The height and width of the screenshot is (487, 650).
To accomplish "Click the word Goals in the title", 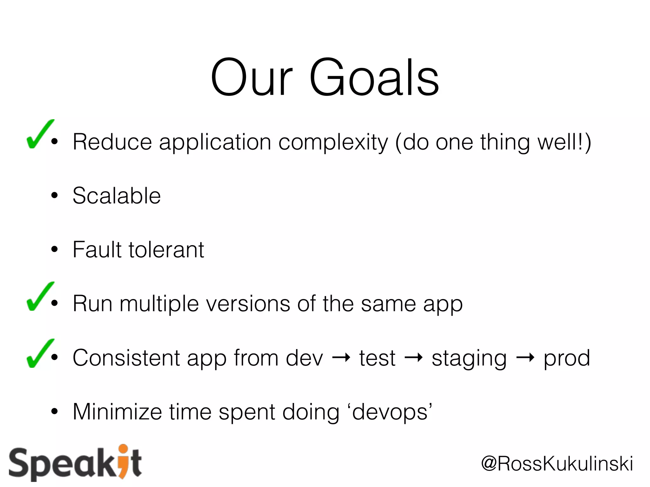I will (x=375, y=78).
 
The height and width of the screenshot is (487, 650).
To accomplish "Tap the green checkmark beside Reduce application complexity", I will (x=40, y=135).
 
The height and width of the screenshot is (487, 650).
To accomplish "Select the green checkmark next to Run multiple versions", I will (x=40, y=297).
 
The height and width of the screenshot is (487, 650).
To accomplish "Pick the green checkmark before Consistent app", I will (x=40, y=354).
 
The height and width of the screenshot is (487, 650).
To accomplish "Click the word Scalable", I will (x=116, y=196).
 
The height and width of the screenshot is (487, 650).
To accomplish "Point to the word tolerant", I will (x=166, y=250).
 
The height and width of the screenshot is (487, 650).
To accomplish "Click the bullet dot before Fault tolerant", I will (x=55, y=250).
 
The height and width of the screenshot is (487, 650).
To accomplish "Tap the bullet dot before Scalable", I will (x=55, y=196).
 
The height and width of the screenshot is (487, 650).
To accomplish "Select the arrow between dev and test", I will (x=341, y=358).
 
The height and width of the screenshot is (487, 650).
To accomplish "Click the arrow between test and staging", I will (x=414, y=358).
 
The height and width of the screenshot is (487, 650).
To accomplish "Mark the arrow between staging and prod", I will (x=525, y=358).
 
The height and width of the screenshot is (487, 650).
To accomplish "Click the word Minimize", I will (x=117, y=412).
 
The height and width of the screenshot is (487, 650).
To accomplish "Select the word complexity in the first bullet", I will (x=333, y=143).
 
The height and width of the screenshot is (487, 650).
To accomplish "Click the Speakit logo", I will (x=75, y=463).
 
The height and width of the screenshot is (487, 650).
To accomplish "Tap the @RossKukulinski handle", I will (x=557, y=464).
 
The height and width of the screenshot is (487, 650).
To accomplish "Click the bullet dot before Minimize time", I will (x=55, y=412).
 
